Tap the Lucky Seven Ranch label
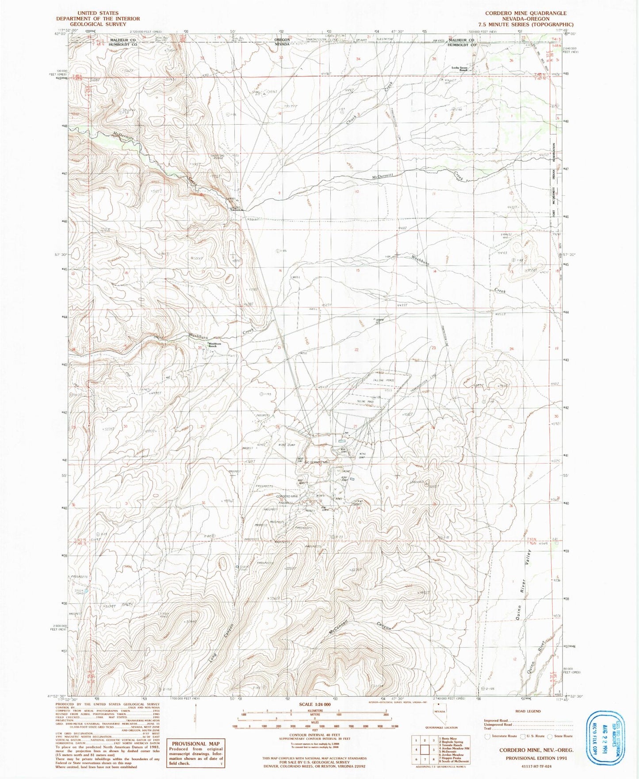(x=459, y=69)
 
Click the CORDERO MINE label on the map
(x=287, y=497)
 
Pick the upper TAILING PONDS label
(x=383, y=381)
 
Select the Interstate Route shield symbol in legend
(x=487, y=737)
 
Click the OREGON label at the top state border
(x=282, y=40)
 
